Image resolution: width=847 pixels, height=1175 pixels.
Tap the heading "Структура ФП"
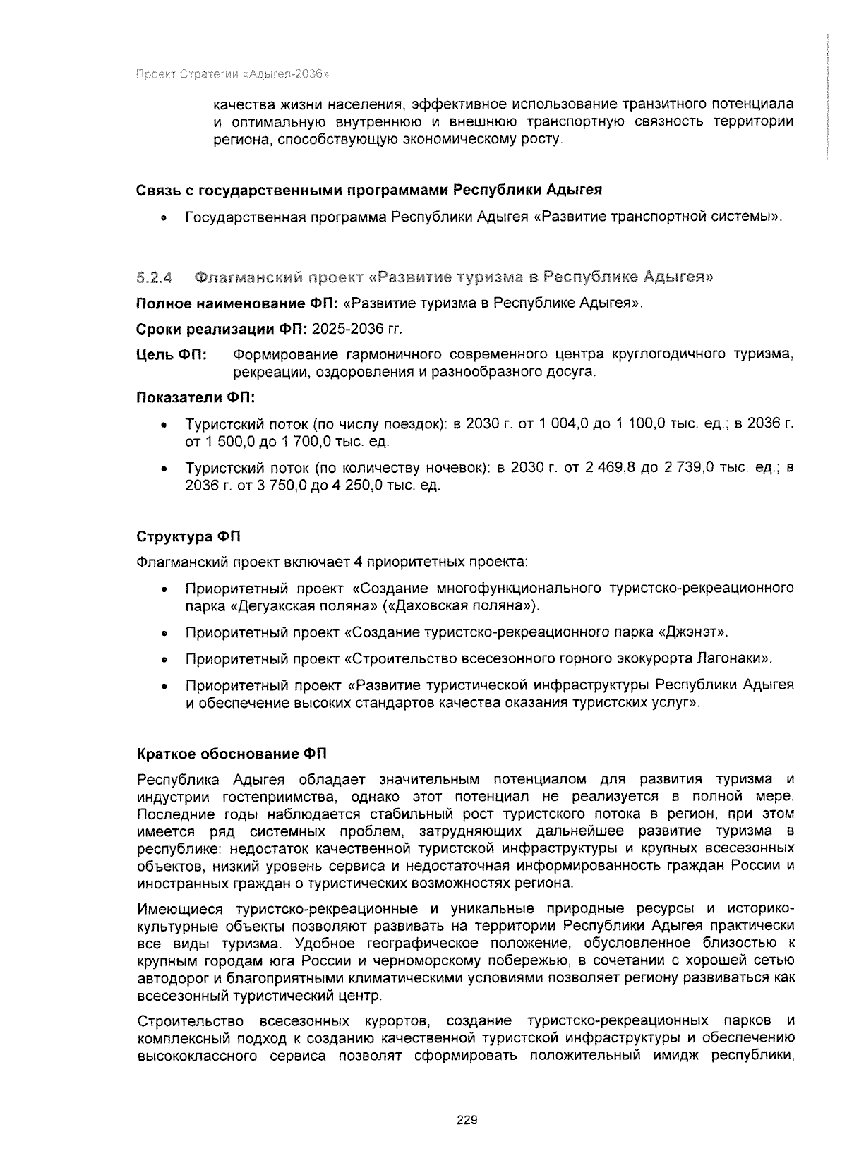pyautogui.click(x=188, y=536)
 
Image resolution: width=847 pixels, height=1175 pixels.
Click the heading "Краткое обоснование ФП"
pyautogui.click(x=232, y=754)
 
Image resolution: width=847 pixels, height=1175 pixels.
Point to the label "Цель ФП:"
pyautogui.click(x=171, y=354)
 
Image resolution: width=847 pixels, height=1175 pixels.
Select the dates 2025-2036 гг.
pyautogui.click(x=357, y=329)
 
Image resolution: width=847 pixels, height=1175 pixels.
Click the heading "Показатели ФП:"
pyautogui.click(x=195, y=398)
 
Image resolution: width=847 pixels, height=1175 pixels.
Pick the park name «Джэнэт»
pyautogui.click(x=692, y=632)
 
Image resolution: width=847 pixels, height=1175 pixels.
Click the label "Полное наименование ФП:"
pyautogui.click(x=238, y=303)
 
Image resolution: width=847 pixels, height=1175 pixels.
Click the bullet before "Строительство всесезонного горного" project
pyautogui.click(x=164, y=661)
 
